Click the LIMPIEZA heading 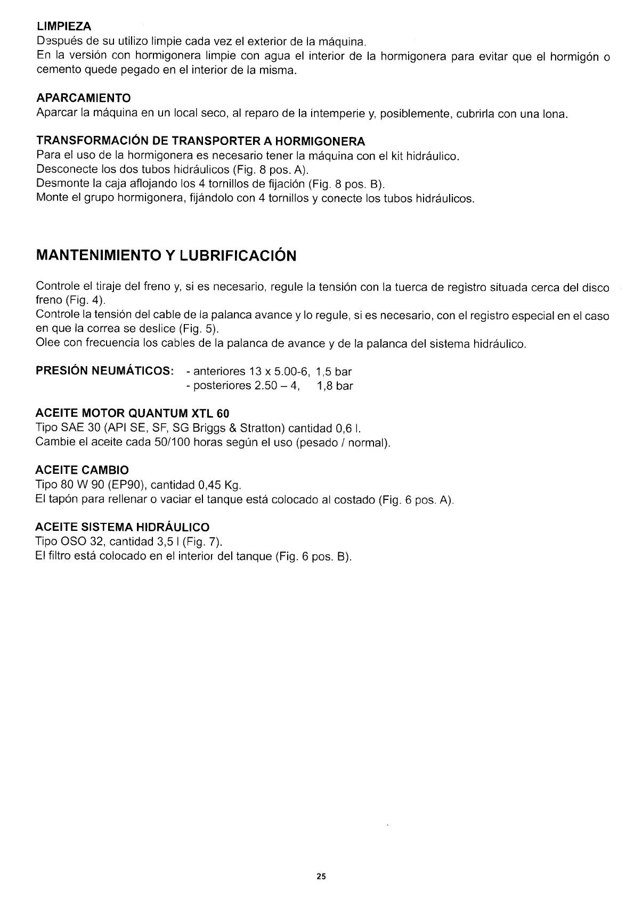(64, 26)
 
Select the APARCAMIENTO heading (84, 98)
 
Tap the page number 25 (321, 876)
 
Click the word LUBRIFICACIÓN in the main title (238, 256)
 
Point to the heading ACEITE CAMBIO (82, 470)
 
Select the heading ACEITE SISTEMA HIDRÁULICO (122, 528)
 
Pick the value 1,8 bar (335, 386)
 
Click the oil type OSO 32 (86, 542)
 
